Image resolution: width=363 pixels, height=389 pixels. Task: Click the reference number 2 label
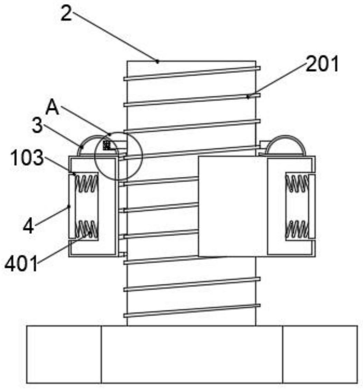[x=66, y=14]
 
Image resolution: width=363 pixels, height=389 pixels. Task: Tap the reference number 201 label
[x=322, y=64]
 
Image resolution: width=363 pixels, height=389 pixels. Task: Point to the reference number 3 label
[x=37, y=125]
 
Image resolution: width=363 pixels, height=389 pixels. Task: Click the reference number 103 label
[x=27, y=158]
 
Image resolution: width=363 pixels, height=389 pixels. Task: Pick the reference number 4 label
[x=28, y=226]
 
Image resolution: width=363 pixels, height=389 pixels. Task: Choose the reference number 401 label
[x=21, y=264]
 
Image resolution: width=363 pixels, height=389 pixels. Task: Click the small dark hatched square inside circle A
[x=107, y=145]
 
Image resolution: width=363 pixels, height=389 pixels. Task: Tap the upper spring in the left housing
[x=86, y=183]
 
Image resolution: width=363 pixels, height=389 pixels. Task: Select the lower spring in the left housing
[x=86, y=229]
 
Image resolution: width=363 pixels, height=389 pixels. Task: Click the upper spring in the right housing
[x=297, y=183]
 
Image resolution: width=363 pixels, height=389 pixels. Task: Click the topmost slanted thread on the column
[x=192, y=74]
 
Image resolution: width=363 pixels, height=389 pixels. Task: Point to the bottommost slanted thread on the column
[x=192, y=311]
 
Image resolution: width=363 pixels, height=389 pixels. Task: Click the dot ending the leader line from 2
[x=157, y=61]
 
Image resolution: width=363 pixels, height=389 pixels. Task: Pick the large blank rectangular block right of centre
[x=233, y=206]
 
